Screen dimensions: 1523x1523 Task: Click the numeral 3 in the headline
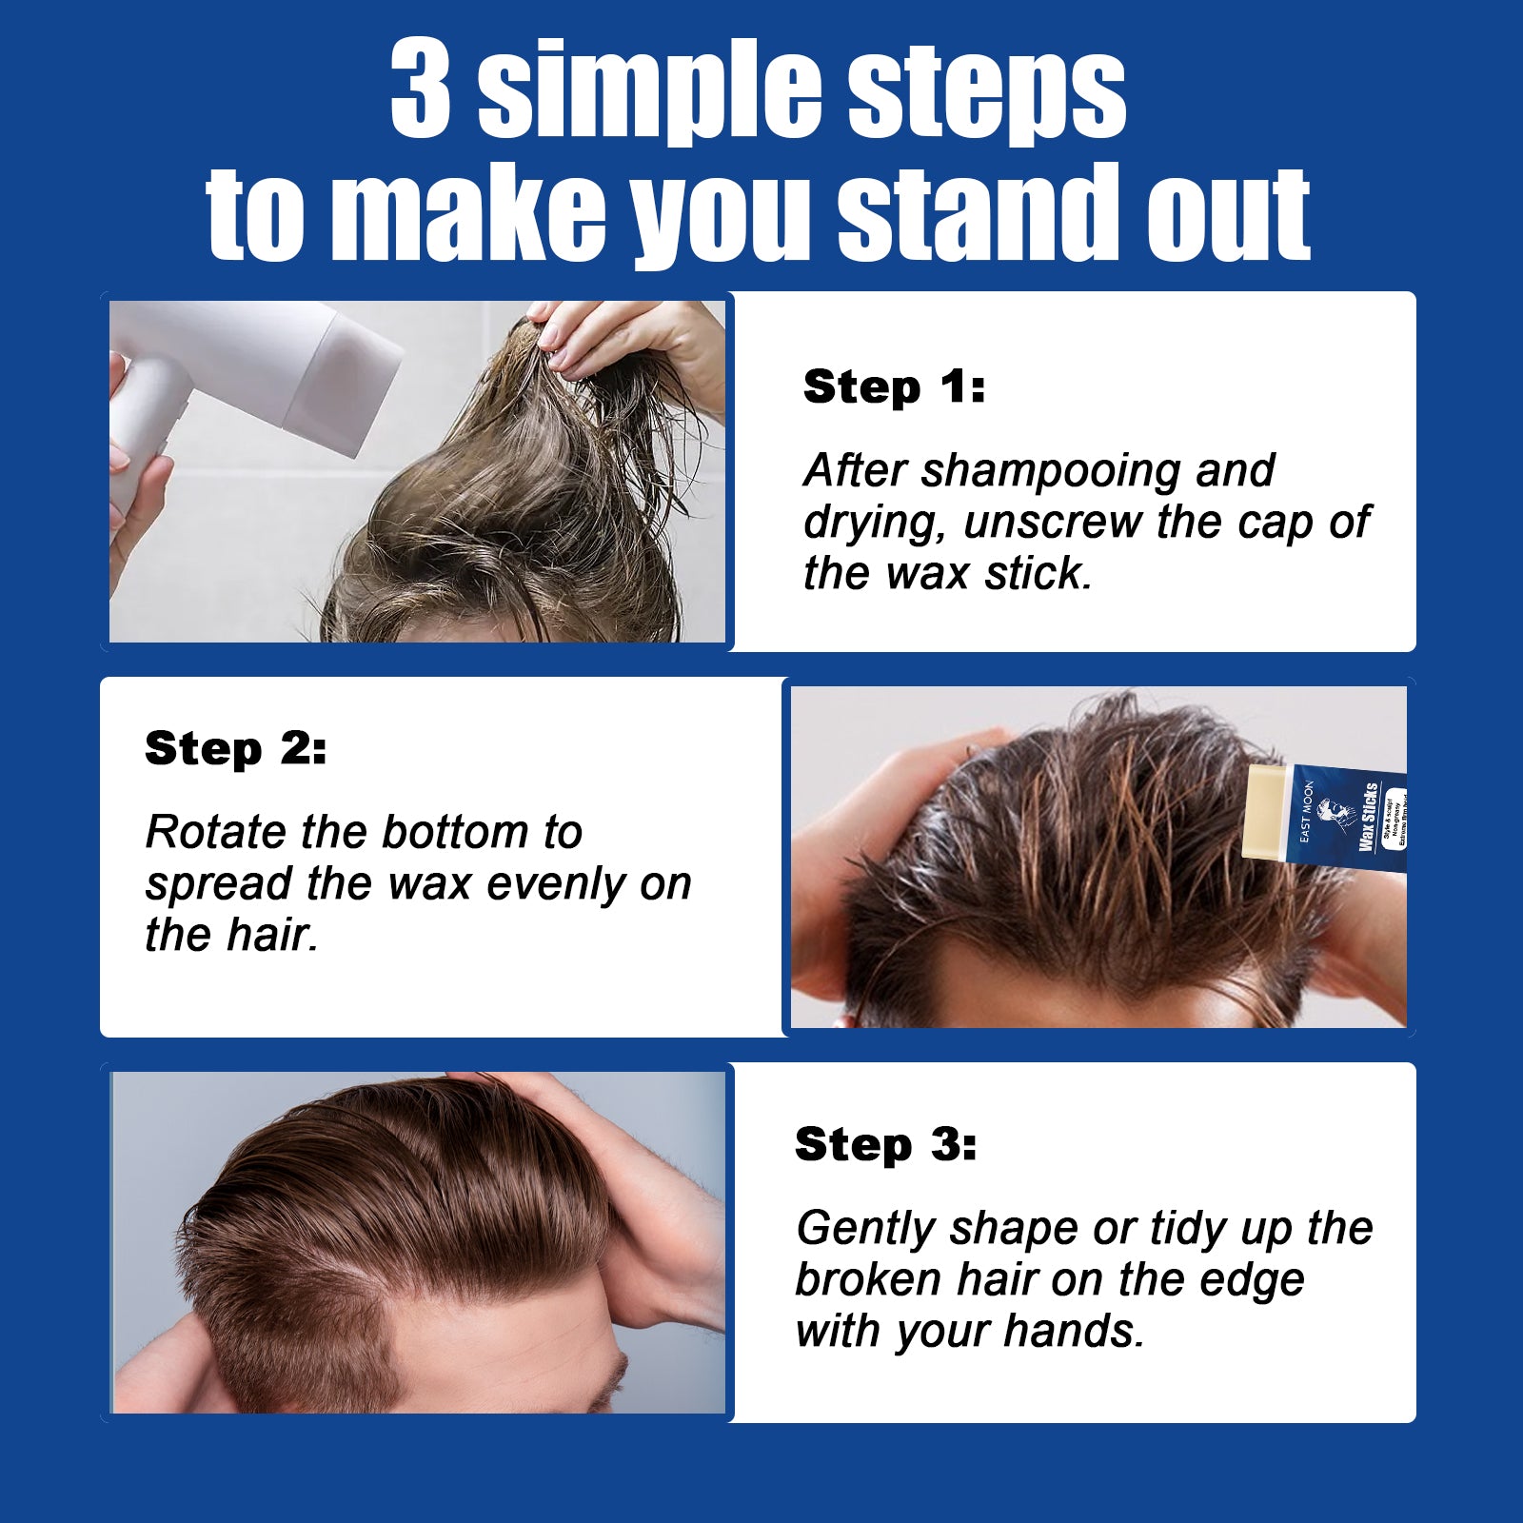click(420, 89)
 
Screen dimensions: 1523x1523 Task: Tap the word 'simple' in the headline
click(647, 92)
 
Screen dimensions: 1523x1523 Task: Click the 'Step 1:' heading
click(894, 386)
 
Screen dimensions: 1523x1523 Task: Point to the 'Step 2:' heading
click(235, 748)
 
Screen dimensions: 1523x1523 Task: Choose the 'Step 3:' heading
click(885, 1144)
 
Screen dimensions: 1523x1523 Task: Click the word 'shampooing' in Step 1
click(1050, 471)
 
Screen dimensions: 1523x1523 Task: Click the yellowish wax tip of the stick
click(1266, 810)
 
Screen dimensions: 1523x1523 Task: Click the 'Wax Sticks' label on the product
click(1368, 818)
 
